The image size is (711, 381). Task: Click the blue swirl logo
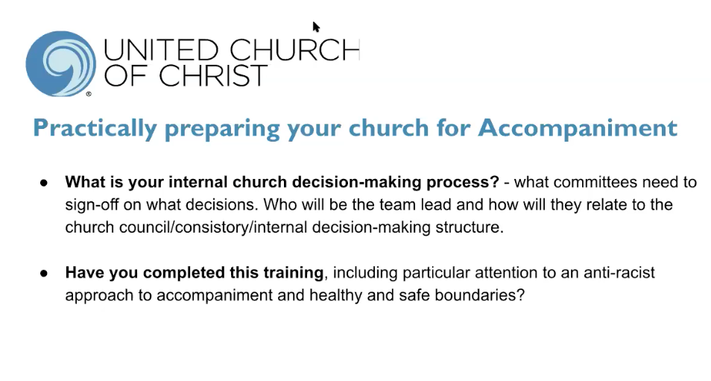61,63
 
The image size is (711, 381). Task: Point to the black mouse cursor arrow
316,27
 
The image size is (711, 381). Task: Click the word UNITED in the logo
161,50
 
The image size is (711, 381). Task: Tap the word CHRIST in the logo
213,75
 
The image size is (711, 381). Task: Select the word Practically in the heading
95,128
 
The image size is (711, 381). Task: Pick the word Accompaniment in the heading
578,127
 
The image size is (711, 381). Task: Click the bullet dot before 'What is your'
44,183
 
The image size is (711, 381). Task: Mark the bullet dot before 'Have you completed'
44,274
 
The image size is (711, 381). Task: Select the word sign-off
92,205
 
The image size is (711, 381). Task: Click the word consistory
212,227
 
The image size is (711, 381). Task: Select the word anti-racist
619,273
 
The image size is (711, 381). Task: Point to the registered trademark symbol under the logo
89,95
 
